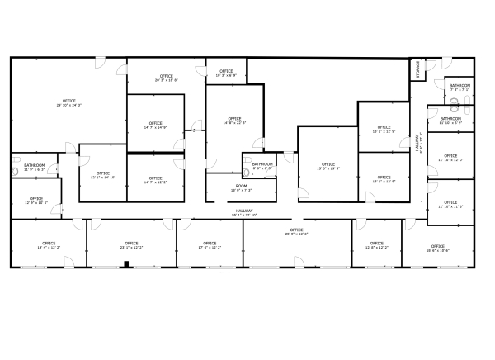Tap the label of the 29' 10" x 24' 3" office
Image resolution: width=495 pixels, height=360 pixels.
coord(68,103)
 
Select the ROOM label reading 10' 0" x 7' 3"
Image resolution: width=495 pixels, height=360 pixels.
coord(241,188)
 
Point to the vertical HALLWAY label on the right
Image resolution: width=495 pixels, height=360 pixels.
coord(420,144)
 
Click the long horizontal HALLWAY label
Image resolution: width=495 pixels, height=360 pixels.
coord(245,213)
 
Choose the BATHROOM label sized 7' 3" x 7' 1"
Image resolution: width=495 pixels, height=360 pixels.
coord(460,88)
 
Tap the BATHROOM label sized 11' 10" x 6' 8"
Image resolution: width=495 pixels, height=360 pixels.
coord(450,121)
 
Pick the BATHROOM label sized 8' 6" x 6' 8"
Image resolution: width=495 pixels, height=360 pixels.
coord(262,166)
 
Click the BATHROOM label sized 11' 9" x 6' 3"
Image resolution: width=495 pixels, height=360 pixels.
coord(35,168)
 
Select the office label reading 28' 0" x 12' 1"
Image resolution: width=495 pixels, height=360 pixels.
coord(296,232)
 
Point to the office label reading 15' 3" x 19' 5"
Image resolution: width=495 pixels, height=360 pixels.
coord(328,166)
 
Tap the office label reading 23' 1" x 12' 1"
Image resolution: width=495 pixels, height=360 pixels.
coord(131,245)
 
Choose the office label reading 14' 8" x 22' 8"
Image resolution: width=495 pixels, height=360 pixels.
coord(234,121)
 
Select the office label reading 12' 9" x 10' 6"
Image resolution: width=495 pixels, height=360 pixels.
coord(36,201)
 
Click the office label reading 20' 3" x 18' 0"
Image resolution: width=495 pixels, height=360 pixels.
coord(166,78)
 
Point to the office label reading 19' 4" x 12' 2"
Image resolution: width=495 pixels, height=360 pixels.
coord(48,245)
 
